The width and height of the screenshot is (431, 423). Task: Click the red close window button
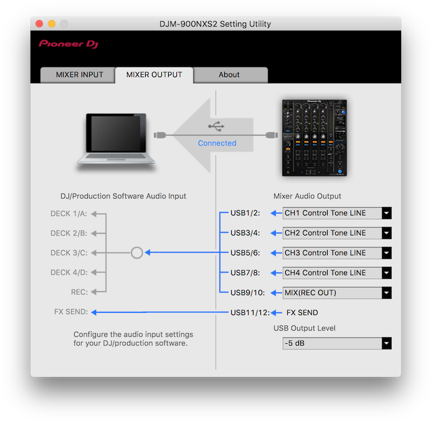click(39, 24)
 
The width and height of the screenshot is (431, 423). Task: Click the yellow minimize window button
click(52, 24)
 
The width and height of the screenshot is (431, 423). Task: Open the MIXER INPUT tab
click(80, 75)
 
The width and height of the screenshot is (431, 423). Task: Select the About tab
click(229, 75)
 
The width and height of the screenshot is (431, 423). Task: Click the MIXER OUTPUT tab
click(154, 75)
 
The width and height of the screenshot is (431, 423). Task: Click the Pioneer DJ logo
click(69, 44)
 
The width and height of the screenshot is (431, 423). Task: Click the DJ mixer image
click(314, 137)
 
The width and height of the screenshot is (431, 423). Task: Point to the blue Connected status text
click(217, 143)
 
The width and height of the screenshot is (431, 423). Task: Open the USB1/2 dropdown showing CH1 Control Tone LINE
click(337, 213)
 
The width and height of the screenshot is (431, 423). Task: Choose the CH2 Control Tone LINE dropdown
click(337, 233)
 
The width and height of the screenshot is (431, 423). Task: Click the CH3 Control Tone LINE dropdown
click(337, 253)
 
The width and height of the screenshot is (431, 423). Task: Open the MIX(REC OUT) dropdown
click(337, 293)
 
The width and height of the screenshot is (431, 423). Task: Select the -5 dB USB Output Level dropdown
click(337, 343)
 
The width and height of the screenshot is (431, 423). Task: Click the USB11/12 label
click(250, 313)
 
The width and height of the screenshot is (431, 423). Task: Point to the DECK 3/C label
click(69, 253)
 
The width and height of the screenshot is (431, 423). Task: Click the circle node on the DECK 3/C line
click(137, 253)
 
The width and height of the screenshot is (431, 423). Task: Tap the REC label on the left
click(79, 293)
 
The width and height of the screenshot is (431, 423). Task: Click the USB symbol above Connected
click(217, 127)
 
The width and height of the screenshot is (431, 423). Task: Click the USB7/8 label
click(245, 273)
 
